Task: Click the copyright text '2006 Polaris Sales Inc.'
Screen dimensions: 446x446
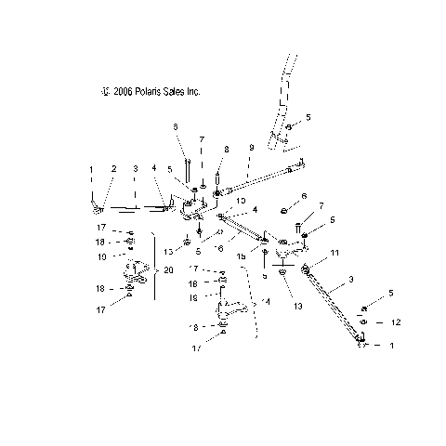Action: pyautogui.click(x=153, y=92)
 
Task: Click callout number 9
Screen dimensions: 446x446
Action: pyautogui.click(x=251, y=148)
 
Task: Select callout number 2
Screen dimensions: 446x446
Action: pyautogui.click(x=114, y=168)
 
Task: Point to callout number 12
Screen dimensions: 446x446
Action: pyautogui.click(x=397, y=321)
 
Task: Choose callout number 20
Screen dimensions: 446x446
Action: pyautogui.click(x=169, y=269)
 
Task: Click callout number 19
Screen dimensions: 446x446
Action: pyautogui.click(x=192, y=298)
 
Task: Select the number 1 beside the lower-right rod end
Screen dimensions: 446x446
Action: pyautogui.click(x=390, y=346)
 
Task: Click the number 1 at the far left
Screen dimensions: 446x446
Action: pyautogui.click(x=91, y=168)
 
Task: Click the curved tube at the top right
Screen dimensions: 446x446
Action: pyautogui.click(x=284, y=102)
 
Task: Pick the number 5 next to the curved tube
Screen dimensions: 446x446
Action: pyautogui.click(x=308, y=119)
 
